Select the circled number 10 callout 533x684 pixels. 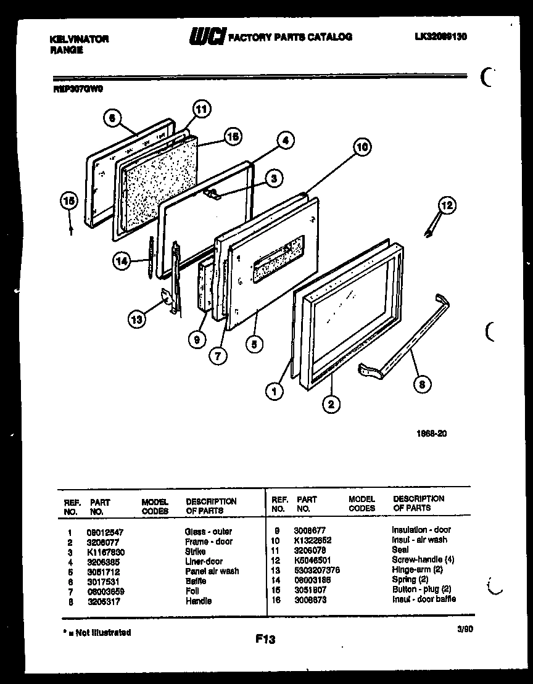tap(363, 147)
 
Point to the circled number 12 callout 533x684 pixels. tap(447, 205)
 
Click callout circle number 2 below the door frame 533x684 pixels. tap(331, 404)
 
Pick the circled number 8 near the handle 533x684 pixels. tap(422, 385)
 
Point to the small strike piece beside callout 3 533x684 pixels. tap(212, 194)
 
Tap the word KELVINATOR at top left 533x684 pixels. tap(78, 39)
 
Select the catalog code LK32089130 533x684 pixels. tap(440, 36)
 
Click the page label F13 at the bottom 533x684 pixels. tap(265, 640)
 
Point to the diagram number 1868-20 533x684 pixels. tap(432, 434)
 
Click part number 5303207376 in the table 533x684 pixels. tap(317, 570)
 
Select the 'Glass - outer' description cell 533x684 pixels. tap(208, 532)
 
